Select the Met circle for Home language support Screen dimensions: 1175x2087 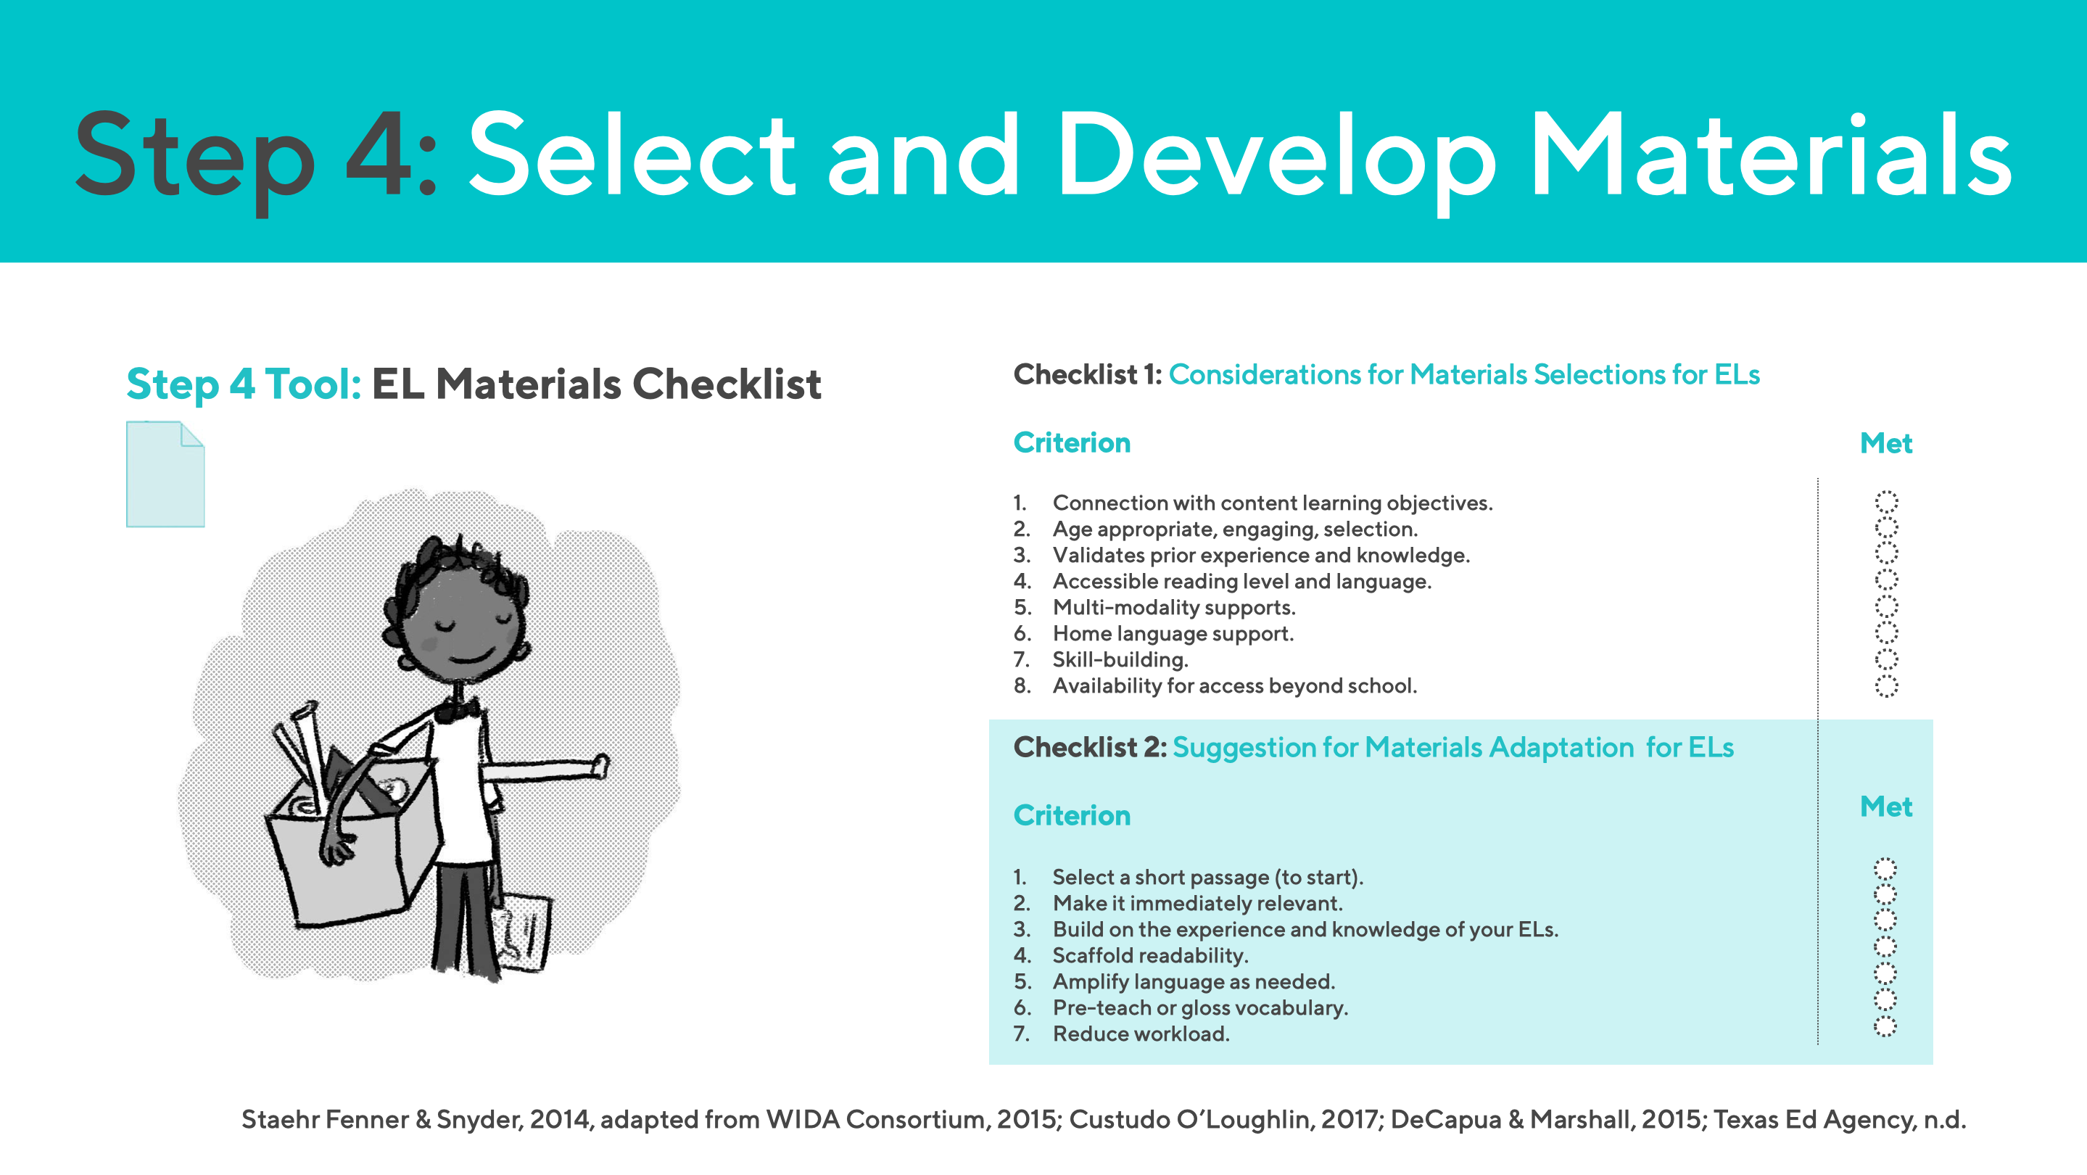pyautogui.click(x=1886, y=633)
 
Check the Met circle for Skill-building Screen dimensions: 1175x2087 pyautogui.click(x=1886, y=659)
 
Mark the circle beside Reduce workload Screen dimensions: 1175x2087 pyautogui.click(x=1885, y=1027)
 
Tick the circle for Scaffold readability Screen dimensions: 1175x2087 pyautogui.click(x=1885, y=947)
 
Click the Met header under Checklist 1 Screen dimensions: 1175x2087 pyautogui.click(x=1885, y=443)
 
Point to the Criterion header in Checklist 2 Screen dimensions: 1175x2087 pyautogui.click(x=1071, y=815)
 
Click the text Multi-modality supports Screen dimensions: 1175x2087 pyautogui.click(x=1173, y=607)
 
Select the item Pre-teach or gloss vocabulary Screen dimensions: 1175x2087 pyautogui.click(x=1199, y=1007)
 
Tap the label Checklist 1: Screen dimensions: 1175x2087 pyautogui.click(x=1086, y=374)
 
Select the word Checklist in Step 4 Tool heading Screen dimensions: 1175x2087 pyautogui.click(x=726, y=384)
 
